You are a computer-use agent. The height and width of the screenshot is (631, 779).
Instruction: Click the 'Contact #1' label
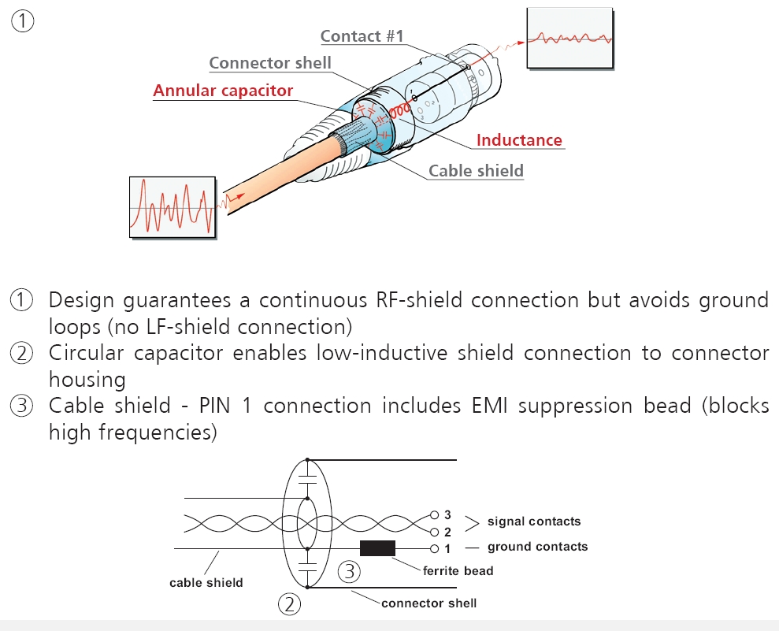[x=362, y=36]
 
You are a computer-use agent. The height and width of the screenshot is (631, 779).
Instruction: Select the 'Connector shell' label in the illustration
[x=270, y=63]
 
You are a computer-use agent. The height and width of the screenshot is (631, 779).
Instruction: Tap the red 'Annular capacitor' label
[x=223, y=91]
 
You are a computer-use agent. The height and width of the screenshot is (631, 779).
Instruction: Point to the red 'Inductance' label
[x=519, y=140]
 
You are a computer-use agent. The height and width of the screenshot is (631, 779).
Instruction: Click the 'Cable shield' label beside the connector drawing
[x=476, y=170]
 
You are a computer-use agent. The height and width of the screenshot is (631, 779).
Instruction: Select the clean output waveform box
[x=569, y=38]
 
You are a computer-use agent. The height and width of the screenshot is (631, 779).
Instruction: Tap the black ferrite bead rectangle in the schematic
[x=377, y=548]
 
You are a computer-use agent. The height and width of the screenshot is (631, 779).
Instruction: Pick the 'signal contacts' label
[x=533, y=522]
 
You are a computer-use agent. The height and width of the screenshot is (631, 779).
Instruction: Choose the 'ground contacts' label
[x=537, y=547]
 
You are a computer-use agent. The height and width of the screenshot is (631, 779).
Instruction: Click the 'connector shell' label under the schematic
[x=428, y=603]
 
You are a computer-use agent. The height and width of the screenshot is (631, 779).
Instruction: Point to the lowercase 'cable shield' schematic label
[x=206, y=583]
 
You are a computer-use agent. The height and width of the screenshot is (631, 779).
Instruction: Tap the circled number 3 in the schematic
[x=351, y=571]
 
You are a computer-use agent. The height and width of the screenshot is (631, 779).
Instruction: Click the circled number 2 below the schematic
[x=289, y=605]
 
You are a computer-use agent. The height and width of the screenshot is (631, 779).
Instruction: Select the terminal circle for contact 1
[x=434, y=548]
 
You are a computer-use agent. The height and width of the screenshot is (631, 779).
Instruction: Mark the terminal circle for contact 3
[x=434, y=514]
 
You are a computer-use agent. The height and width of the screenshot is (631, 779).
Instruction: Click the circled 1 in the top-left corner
[x=22, y=21]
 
